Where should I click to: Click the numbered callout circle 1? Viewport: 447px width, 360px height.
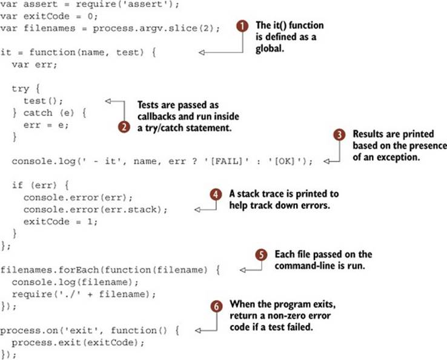coord(242,26)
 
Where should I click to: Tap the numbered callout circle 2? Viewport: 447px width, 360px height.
coord(124,127)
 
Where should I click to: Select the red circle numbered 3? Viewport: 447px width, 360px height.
coord(339,135)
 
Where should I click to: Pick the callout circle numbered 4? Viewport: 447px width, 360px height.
coord(216,195)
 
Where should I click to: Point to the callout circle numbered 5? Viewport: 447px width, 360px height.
coord(261,255)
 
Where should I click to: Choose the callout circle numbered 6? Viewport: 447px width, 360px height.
coord(216,307)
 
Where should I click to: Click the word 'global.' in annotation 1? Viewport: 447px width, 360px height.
coord(270,48)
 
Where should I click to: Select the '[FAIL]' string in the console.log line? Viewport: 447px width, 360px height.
coord(227,162)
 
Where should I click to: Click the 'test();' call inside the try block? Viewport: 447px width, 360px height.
coord(44,101)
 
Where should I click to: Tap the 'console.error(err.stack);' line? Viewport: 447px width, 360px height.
coord(96,209)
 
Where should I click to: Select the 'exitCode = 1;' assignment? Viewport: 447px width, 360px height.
coord(61,221)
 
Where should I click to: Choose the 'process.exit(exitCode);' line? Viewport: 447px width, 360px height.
coord(78,342)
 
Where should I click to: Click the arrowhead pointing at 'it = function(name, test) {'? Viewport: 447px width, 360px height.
coord(202,53)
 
